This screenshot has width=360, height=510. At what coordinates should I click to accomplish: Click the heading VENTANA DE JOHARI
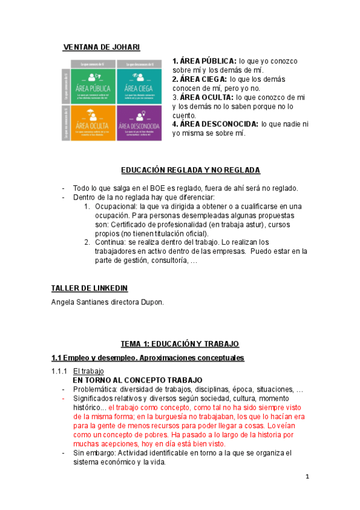[x=102, y=47]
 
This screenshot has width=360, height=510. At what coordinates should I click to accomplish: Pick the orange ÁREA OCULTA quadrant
[x=93, y=123]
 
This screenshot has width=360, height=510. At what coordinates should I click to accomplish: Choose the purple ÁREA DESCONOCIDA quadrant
[x=139, y=123]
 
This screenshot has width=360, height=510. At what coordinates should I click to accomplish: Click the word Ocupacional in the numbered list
[x=115, y=206]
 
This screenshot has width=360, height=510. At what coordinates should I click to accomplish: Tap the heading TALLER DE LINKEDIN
[x=90, y=288]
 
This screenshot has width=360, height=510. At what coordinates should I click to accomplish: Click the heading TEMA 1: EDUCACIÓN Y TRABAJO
[x=180, y=343]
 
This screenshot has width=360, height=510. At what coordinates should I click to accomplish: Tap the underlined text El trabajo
[x=88, y=371]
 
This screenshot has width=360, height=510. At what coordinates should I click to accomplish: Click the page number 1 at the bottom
[x=307, y=477]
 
